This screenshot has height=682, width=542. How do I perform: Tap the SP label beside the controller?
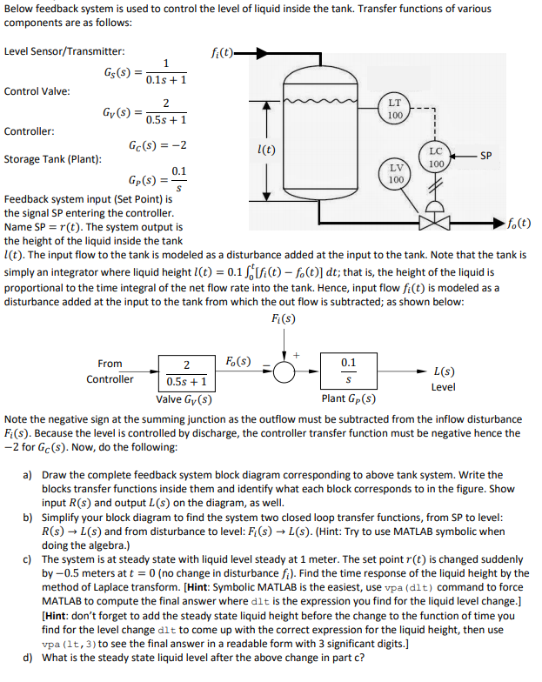pos(486,156)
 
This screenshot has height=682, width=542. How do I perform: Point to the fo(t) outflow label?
pos(519,223)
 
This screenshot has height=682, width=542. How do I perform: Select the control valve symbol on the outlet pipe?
pos(437,221)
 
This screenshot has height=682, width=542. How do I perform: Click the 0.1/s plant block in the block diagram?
pos(348,371)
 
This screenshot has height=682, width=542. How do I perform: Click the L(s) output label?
pos(442,371)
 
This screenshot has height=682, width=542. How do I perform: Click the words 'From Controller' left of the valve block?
pos(110,371)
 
